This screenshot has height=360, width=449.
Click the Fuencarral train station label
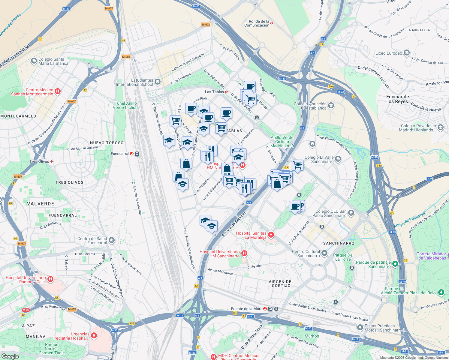pos(120,154)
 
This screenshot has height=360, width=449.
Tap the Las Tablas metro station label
pos(214,92)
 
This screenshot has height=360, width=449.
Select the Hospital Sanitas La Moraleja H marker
pos(271,235)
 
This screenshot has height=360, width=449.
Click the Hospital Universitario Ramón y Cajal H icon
pos(50,279)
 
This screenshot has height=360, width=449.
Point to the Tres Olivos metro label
pos(39,161)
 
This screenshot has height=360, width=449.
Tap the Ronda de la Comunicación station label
pos(257,23)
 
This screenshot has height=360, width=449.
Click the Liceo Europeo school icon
pos(406,53)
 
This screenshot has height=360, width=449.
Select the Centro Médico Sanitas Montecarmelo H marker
pos(58,91)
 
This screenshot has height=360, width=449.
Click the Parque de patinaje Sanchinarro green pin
pos(395,264)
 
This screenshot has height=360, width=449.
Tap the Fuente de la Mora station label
pos(246,309)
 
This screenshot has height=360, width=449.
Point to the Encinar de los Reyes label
pos(397,99)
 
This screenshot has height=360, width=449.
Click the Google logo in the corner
pos(10,356)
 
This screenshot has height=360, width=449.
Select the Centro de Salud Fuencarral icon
pos(112,240)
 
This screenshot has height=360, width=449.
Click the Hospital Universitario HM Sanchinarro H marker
pos(244,253)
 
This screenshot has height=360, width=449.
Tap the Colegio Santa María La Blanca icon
pos(34,61)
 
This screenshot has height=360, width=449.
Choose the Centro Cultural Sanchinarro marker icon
pos(324,253)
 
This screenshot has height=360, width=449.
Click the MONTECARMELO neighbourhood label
pos(18,116)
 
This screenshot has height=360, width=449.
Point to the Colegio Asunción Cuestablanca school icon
pos(331,105)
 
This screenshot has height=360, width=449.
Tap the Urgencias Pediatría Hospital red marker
pos(94,335)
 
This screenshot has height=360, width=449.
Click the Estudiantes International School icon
pos(158,82)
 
